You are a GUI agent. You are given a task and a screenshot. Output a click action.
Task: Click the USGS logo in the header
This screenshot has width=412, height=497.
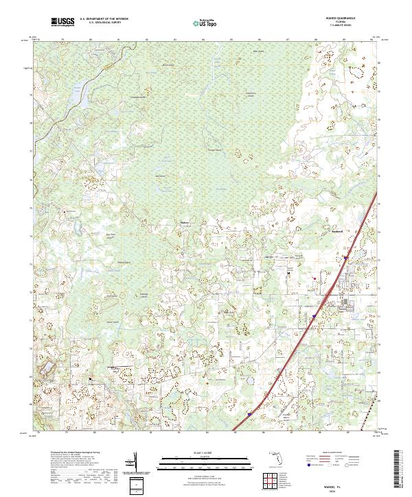click(x=64, y=23)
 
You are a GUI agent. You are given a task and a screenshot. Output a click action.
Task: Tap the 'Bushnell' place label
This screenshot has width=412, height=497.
click(x=336, y=232)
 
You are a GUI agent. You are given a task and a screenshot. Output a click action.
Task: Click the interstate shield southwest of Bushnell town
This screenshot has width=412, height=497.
click(x=314, y=316)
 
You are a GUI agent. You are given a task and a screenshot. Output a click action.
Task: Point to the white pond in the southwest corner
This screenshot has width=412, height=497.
click(x=49, y=371)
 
